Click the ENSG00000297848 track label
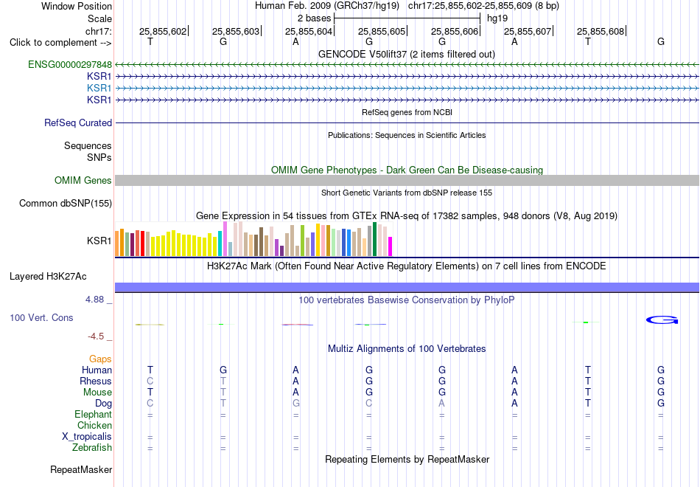70,64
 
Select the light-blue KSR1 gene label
99,88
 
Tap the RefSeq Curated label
78,122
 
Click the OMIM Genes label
83,180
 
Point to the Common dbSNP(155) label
66,204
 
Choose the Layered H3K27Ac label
48,277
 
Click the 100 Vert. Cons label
41,317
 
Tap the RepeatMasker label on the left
81,469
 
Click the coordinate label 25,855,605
382,31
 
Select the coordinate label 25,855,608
601,31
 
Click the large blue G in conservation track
662,320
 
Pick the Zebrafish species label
92,448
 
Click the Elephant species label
94,415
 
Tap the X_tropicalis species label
87,437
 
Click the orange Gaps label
100,359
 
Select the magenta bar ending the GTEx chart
390,246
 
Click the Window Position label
77,6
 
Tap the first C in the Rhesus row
150,381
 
